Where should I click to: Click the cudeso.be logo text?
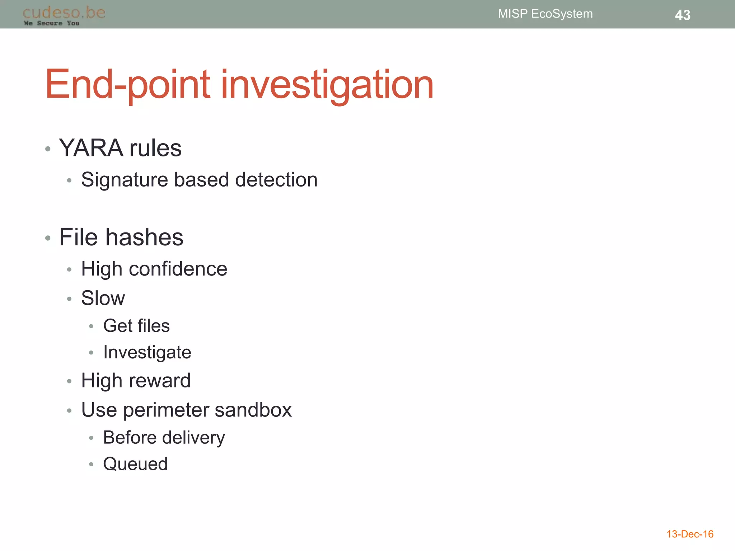click(64, 13)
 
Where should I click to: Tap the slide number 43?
click(682, 15)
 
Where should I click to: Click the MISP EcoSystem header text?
click(545, 14)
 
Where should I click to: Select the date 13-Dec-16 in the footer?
click(690, 534)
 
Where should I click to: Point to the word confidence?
click(178, 269)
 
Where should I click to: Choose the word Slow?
click(103, 298)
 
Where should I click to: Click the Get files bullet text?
click(136, 326)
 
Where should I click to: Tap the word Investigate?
click(147, 352)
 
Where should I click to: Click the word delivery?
click(194, 438)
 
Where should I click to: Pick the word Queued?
click(135, 464)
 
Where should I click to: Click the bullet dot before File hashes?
click(48, 238)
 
